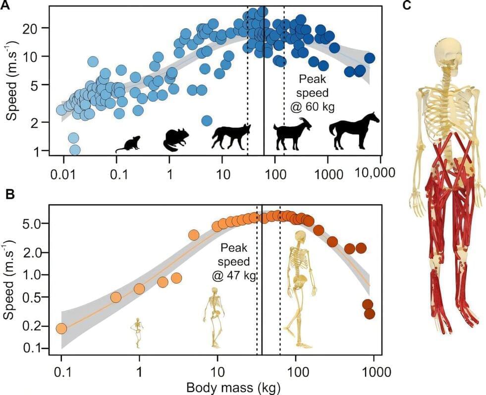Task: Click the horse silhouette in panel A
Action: tap(354, 131)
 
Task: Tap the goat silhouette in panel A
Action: tap(292, 135)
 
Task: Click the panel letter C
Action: tap(407, 6)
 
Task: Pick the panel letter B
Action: tap(9, 194)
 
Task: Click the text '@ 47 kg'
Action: tap(234, 276)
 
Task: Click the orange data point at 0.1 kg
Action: tap(61, 328)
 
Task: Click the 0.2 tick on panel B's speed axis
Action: tap(38, 325)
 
